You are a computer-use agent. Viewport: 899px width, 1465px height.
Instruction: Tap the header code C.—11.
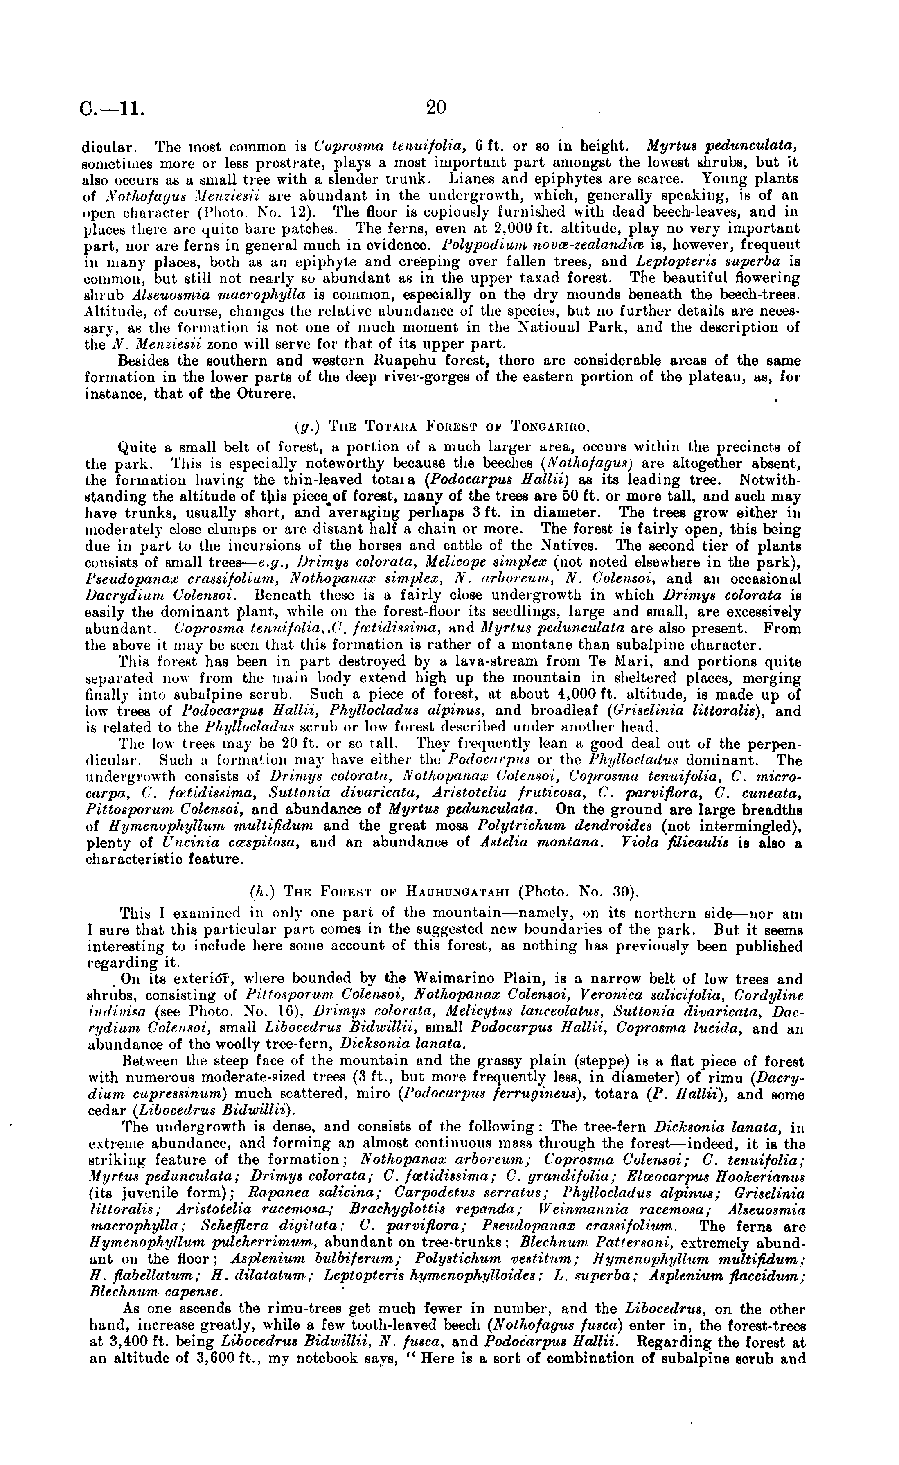[x=111, y=109]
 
